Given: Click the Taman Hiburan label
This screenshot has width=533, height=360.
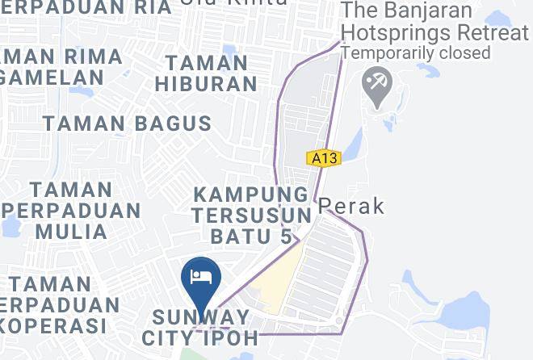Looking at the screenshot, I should pos(205,73).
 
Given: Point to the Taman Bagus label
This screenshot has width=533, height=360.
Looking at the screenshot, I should pos(127,123).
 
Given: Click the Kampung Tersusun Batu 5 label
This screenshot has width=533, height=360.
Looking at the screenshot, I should pos(252,216).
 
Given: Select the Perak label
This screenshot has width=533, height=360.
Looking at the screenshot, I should pos(351,206).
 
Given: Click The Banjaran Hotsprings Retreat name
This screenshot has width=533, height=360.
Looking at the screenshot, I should pos(435,23).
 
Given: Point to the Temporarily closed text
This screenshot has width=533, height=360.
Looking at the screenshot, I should pos(416,52).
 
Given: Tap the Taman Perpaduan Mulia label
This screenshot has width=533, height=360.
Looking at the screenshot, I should pos(71,210).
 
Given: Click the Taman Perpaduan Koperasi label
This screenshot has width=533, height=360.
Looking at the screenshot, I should pos(61,305).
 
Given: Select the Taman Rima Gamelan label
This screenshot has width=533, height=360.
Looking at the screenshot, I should pos(61,67).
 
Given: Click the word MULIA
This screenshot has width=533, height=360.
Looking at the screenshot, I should pos(71,231).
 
